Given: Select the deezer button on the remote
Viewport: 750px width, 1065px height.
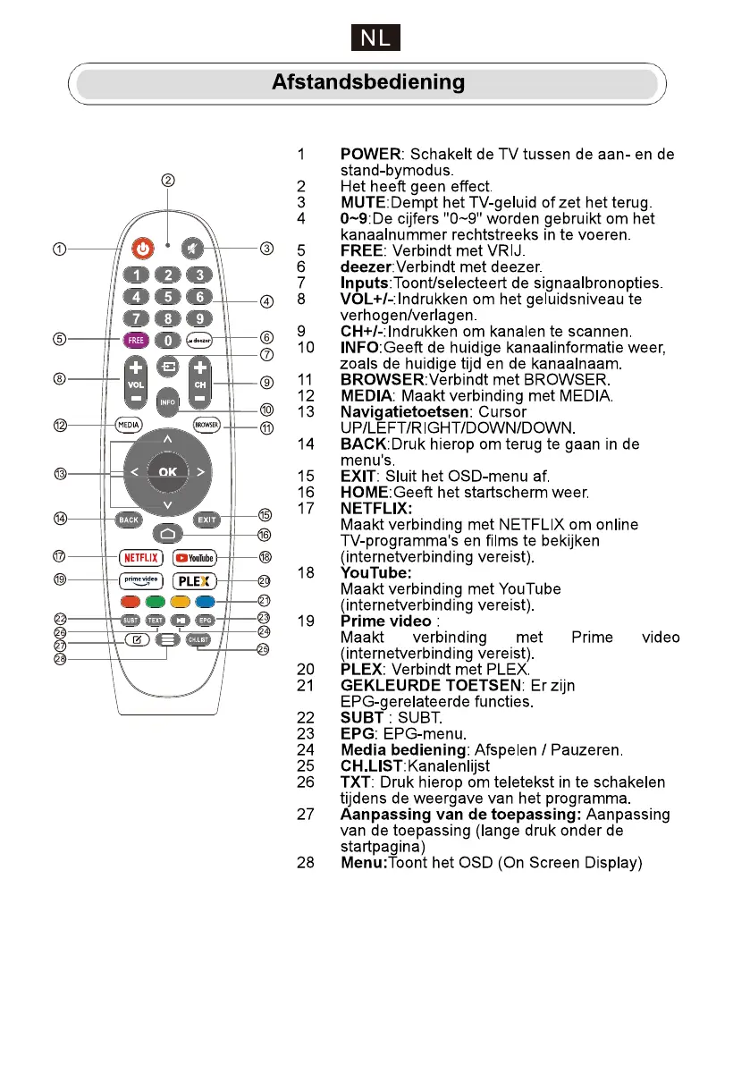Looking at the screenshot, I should tap(199, 340).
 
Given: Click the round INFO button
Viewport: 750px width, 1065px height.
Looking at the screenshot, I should tap(167, 402).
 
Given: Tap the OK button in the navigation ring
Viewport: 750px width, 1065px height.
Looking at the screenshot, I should tap(167, 470).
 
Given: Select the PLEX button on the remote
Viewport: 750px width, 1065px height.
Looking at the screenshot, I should tap(195, 579).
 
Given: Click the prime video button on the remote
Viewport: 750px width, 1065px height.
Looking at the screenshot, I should tap(140, 579).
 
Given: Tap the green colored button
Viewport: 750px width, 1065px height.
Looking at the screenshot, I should tap(156, 600).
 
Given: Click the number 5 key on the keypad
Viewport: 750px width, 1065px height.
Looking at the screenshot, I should tap(167, 297).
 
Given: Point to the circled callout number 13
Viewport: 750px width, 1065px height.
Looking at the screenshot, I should tap(60, 473).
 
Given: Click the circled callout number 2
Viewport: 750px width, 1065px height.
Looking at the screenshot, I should tap(167, 179).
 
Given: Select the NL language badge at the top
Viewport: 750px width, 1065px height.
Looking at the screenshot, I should tap(375, 38).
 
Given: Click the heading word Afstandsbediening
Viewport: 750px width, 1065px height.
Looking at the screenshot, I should tap(368, 83).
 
